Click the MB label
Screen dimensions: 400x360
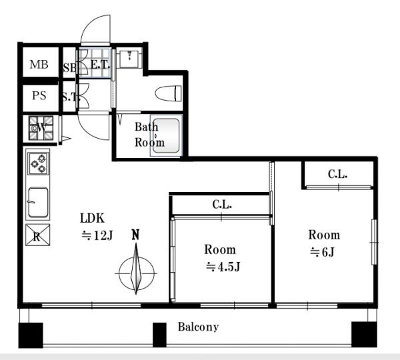[x=39, y=64]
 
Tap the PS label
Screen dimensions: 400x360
[x=39, y=96]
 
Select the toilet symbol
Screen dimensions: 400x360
[x=169, y=93]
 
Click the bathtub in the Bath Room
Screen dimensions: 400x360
[x=166, y=136]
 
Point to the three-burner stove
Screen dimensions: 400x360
[x=39, y=163]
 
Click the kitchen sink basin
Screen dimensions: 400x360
[x=38, y=202]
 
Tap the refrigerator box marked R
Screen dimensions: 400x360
[x=38, y=235]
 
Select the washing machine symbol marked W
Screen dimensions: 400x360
[x=41, y=128]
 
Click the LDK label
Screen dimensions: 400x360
[x=93, y=219]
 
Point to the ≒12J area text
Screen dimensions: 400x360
[x=97, y=235]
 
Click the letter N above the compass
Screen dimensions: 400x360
[x=135, y=235]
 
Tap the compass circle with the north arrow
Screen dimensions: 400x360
[x=137, y=273]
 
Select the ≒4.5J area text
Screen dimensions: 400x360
[x=223, y=267]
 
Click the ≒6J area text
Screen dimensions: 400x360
[x=322, y=252]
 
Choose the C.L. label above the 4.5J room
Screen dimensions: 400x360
[x=222, y=205]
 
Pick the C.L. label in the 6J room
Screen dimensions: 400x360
[x=338, y=174]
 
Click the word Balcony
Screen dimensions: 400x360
[x=198, y=327]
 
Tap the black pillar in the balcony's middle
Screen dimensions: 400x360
[x=159, y=335]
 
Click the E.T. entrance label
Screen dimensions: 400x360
[x=100, y=65]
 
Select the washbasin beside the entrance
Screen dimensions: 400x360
[x=129, y=59]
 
